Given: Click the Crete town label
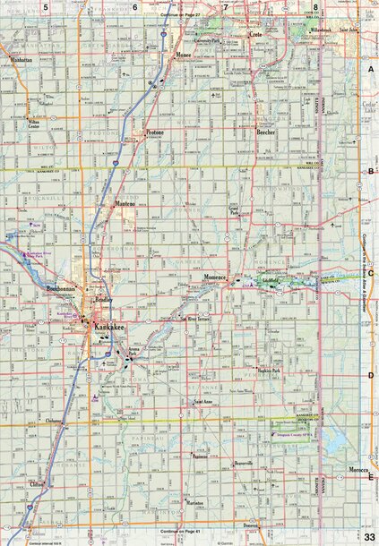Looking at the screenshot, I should [254, 34].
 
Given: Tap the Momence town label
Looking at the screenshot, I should [217, 277].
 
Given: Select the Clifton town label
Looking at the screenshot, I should [37, 483].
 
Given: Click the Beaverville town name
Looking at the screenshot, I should [245, 463].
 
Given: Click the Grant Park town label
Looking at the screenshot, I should [234, 213].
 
